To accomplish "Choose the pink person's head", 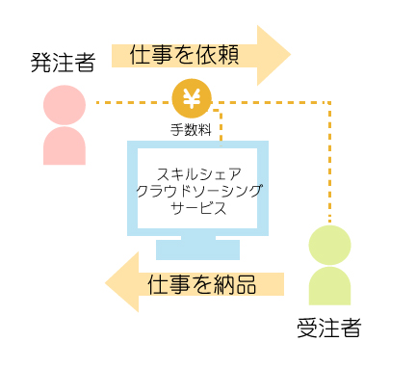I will [65, 104].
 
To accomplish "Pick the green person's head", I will [329, 245].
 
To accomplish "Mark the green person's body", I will [329, 286].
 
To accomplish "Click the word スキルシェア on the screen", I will [197, 174].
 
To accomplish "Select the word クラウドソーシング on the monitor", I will [197, 191].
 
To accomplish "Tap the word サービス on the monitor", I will [197, 207].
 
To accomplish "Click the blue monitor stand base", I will [197, 250].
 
